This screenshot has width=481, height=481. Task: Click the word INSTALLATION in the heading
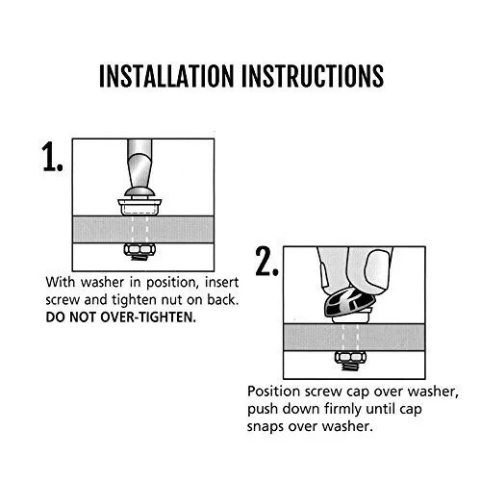(166, 76)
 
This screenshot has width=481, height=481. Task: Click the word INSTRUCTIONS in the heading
(313, 76)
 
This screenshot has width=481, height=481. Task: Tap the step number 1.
(53, 157)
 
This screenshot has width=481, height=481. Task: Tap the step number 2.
(266, 261)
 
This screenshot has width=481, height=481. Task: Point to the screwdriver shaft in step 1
(139, 164)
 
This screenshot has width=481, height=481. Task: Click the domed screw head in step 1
(139, 192)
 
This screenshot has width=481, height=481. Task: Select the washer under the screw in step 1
(139, 207)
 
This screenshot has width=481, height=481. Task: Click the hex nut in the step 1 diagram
(139, 249)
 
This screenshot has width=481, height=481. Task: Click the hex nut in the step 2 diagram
(351, 357)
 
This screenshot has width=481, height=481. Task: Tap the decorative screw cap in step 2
(349, 302)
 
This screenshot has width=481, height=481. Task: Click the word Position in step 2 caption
(273, 392)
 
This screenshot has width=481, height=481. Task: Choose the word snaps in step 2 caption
(266, 427)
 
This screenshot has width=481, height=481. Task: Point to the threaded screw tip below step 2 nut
(350, 366)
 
